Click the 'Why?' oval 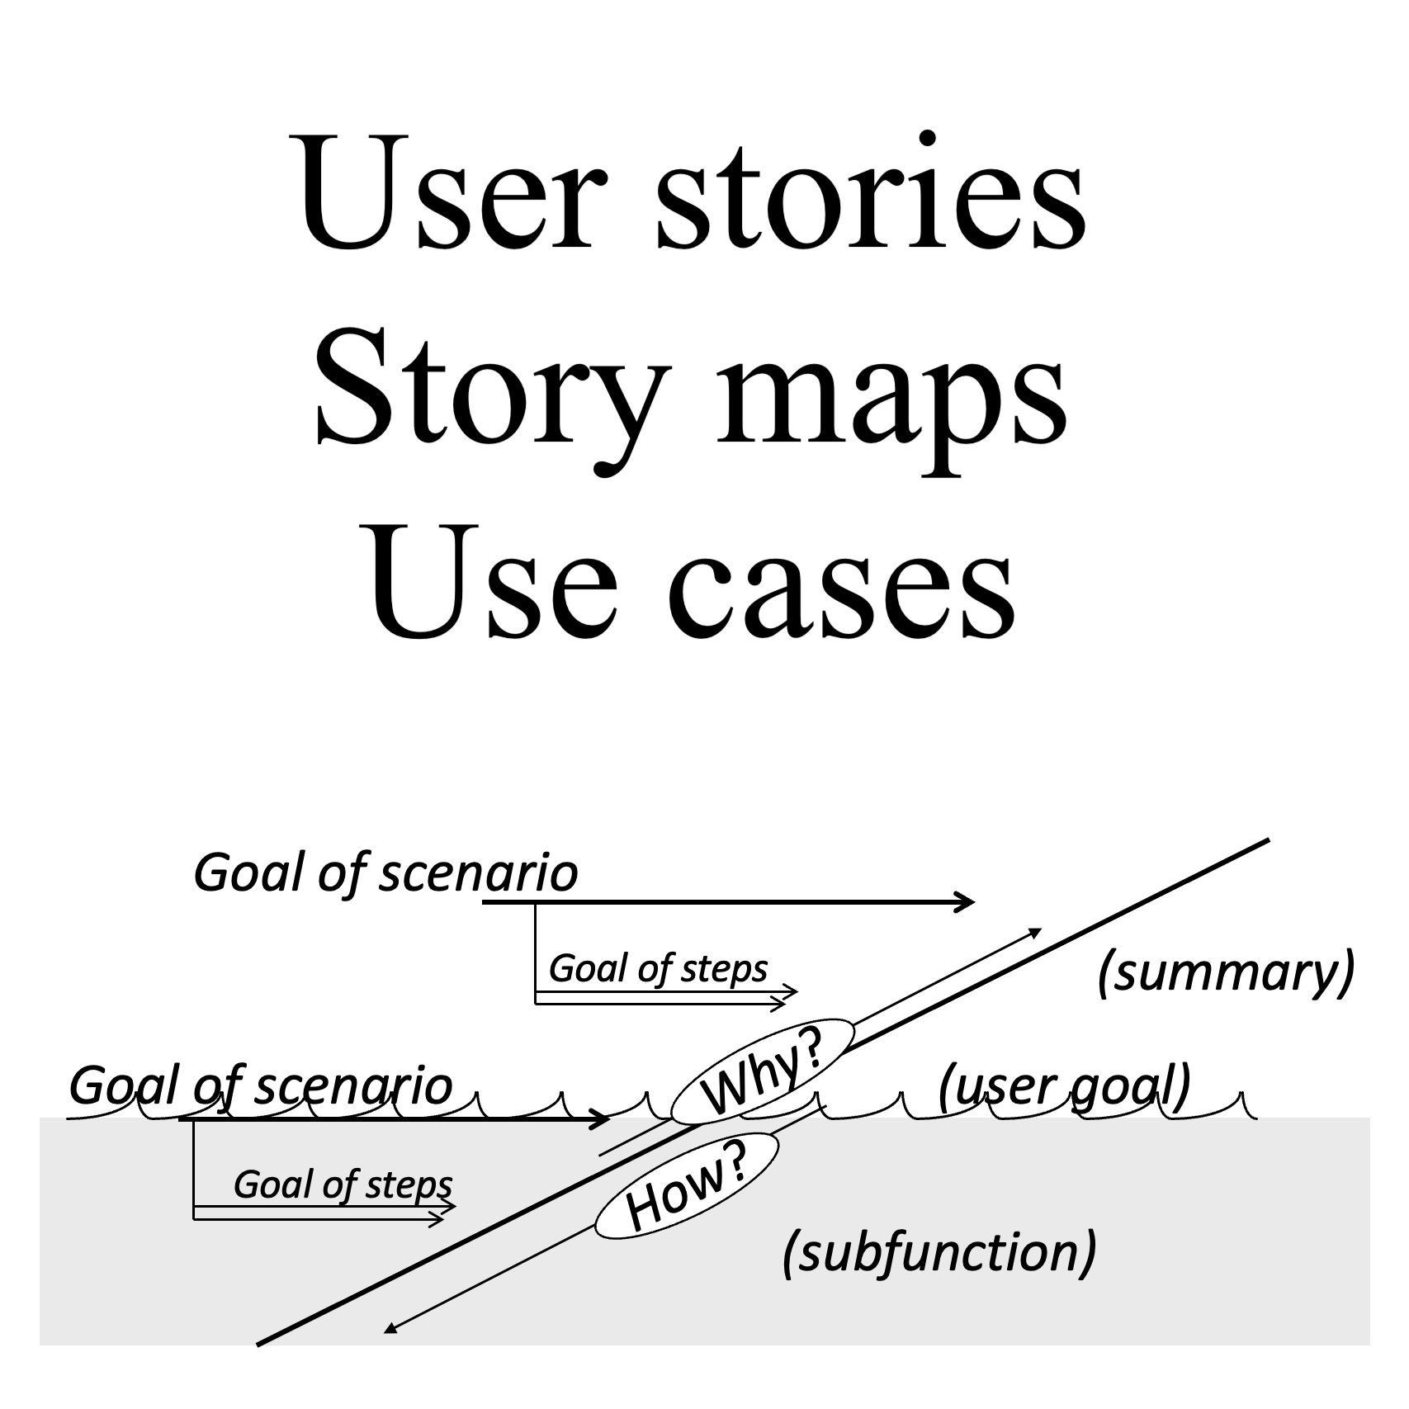(762, 1073)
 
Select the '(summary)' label (1226, 972)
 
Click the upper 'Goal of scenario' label (385, 873)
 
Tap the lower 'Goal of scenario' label (261, 1085)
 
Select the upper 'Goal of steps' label (658, 968)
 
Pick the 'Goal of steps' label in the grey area (343, 1184)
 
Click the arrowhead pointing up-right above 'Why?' (1035, 932)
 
